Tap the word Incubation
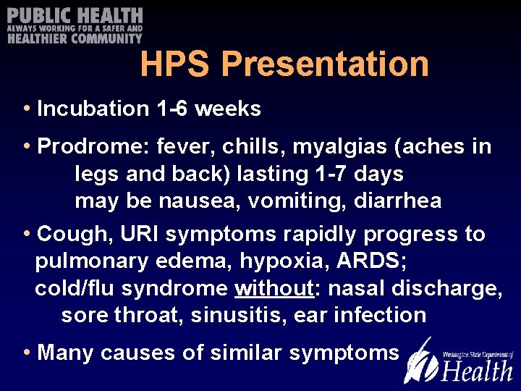coord(93,109)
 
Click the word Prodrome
coord(87,147)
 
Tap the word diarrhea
coord(397,201)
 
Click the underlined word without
coord(273,288)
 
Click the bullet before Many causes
coord(27,353)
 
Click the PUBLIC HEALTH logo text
coord(75,16)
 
